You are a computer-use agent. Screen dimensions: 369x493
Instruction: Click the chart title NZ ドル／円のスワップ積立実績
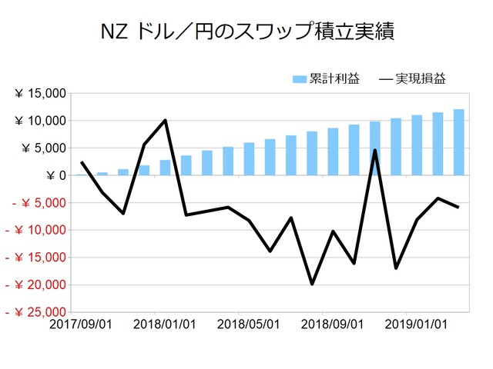click(x=246, y=32)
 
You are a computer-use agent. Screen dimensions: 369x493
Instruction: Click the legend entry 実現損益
click(x=412, y=78)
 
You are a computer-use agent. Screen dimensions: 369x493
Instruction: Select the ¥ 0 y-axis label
click(x=54, y=175)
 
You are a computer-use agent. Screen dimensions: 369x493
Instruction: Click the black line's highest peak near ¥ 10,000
click(x=166, y=120)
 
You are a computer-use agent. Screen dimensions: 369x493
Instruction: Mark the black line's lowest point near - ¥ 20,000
click(x=312, y=284)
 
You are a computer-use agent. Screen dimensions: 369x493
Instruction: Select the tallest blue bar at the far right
click(x=458, y=142)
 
